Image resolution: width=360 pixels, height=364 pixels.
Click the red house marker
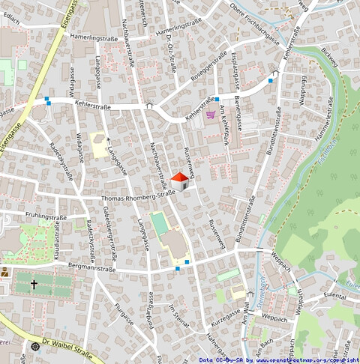(180, 181)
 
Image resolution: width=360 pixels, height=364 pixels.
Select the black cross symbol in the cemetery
(34, 285)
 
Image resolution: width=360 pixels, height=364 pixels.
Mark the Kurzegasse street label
(225, 312)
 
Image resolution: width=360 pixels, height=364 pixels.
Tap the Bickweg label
(330, 57)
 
